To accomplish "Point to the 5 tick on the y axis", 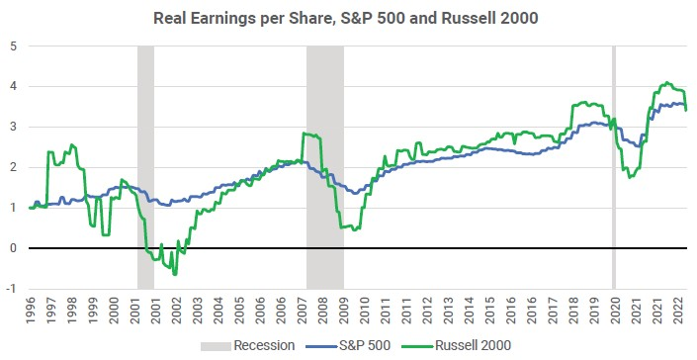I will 11,45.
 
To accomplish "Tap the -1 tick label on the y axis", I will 10,289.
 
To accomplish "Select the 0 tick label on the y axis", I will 11,248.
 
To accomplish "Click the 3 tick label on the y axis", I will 11,127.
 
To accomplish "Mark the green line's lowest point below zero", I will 175,273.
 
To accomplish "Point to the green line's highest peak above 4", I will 667,83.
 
